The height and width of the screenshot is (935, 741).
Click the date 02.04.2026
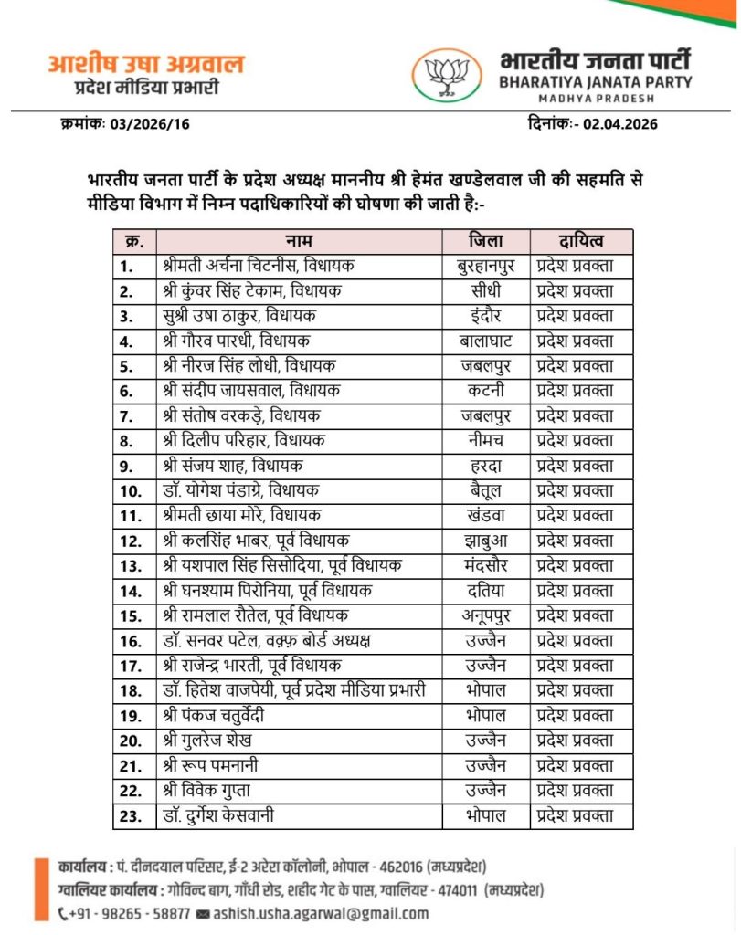621,124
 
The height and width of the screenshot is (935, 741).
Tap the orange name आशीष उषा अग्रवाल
146,66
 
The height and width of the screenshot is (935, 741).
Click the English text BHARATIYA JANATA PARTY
596,82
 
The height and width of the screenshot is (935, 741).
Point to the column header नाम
299,242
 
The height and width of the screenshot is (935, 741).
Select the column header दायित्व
582,242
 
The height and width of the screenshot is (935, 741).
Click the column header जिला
485,242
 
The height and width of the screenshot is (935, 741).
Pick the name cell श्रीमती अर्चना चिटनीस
259,267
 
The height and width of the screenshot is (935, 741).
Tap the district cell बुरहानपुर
485,267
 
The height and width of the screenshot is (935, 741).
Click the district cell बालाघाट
485,341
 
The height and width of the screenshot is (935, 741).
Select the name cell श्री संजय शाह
232,466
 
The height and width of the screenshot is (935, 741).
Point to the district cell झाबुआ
485,541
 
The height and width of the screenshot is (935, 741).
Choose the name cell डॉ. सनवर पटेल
266,640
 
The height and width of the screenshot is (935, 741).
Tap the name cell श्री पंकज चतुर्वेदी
215,715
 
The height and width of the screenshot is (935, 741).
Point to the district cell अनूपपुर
485,615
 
